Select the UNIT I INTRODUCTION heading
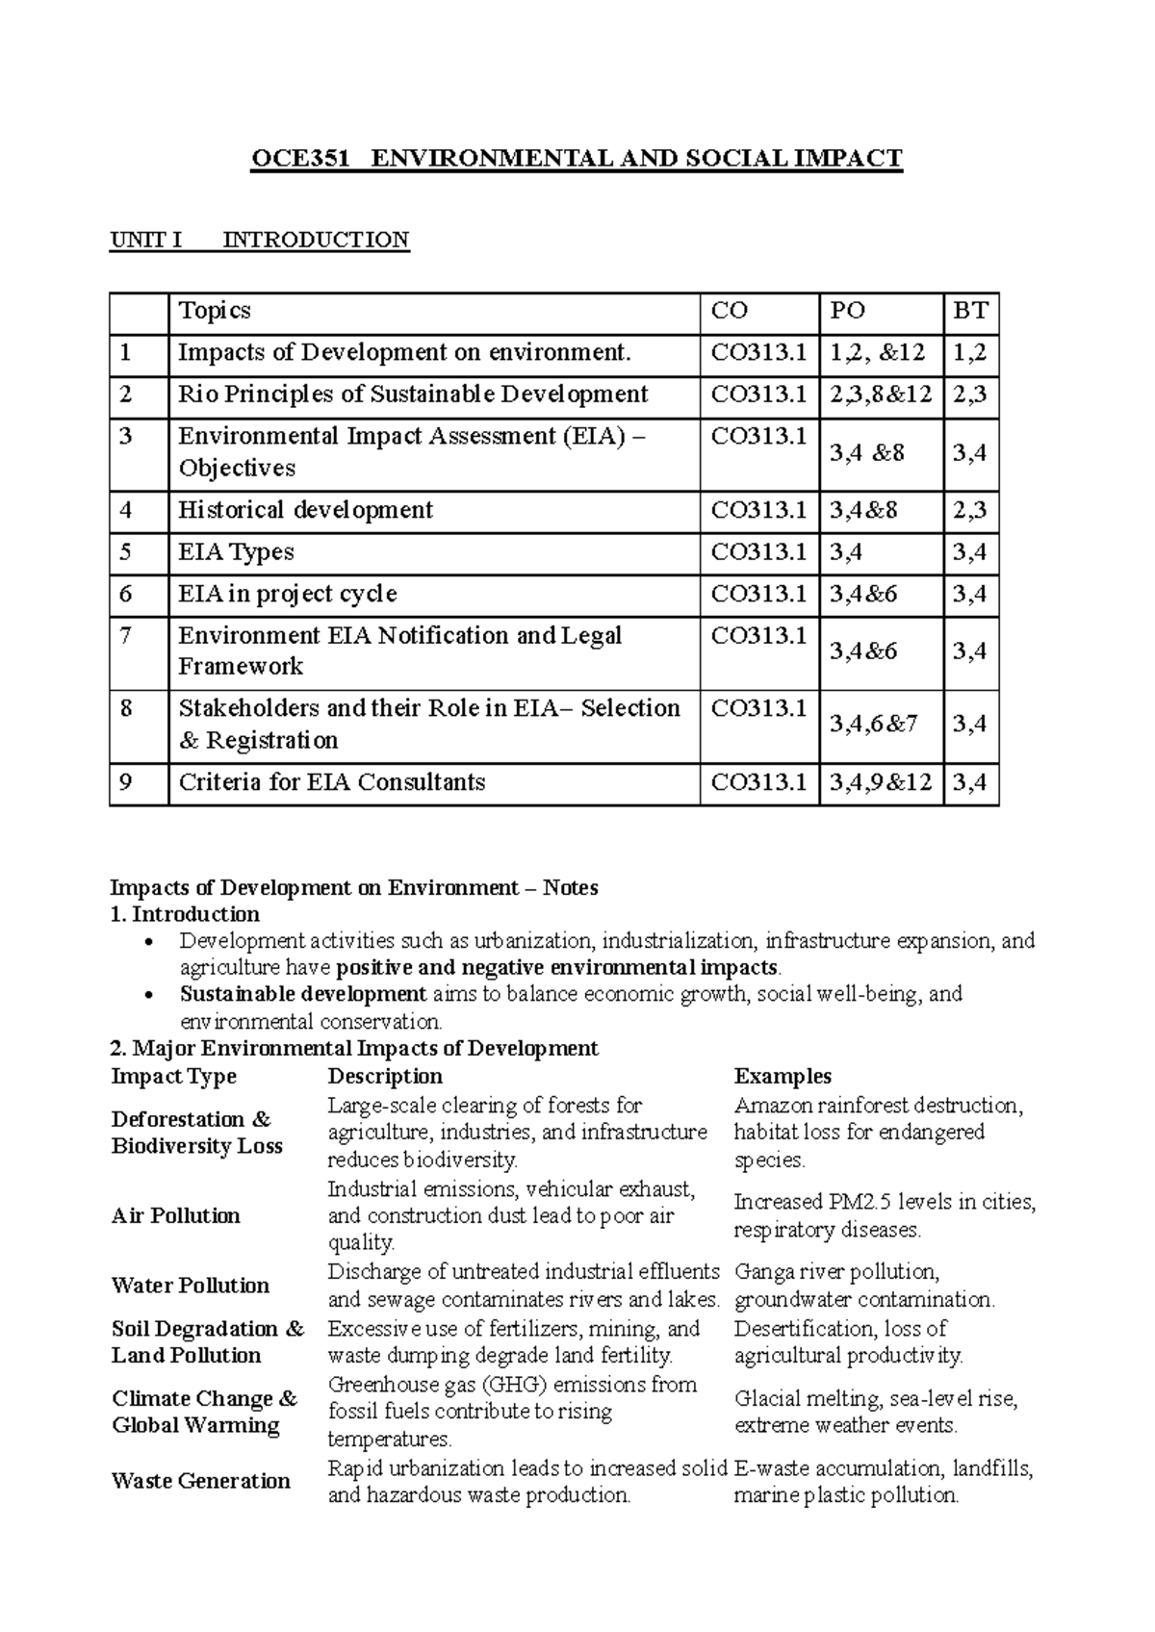tap(260, 240)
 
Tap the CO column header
tap(729, 311)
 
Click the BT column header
tap(970, 311)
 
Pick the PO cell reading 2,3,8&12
tap(880, 395)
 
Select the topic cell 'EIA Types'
tap(236, 552)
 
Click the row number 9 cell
tap(126, 782)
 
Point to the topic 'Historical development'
tap(305, 510)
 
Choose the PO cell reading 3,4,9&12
tap(880, 782)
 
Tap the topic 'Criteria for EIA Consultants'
tap(331, 782)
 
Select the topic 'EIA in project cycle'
tap(287, 594)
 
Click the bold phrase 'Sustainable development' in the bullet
tap(303, 994)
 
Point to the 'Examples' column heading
tap(783, 1077)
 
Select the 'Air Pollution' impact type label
tap(175, 1216)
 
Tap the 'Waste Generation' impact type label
tap(200, 1481)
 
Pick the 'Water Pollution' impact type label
tap(190, 1286)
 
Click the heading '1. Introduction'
tap(185, 914)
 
